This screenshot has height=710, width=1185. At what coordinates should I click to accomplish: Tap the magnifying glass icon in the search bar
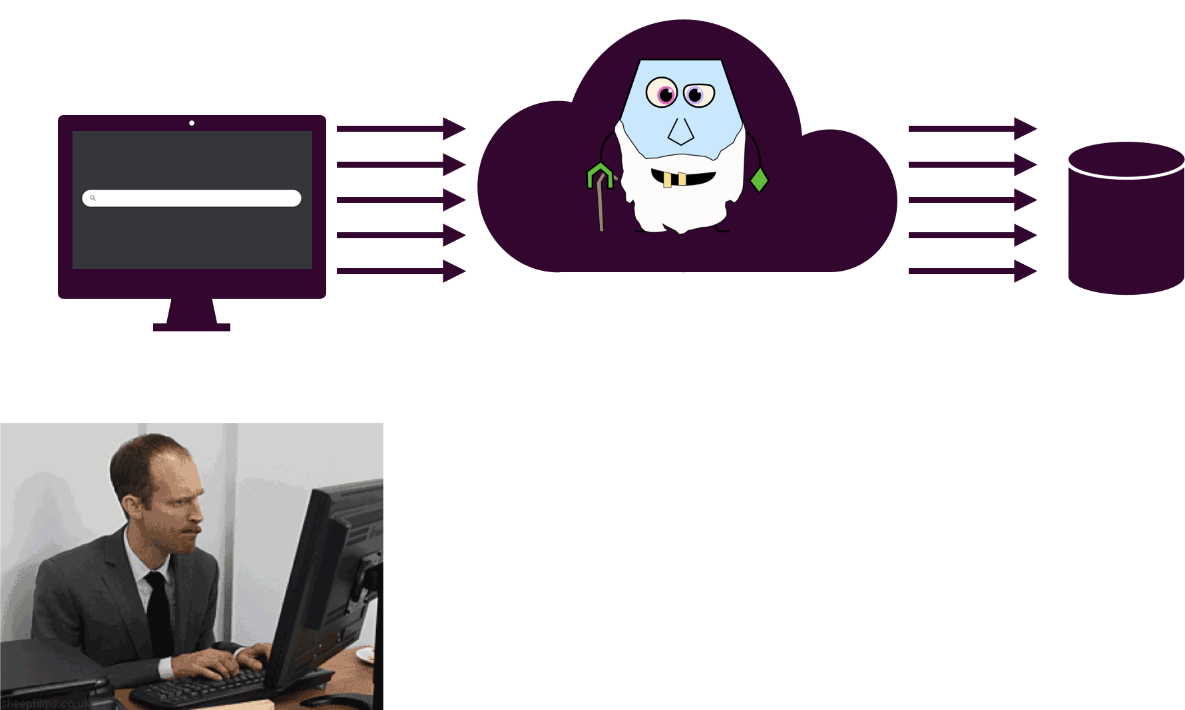click(93, 198)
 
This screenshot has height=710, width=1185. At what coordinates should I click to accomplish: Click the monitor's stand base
click(192, 327)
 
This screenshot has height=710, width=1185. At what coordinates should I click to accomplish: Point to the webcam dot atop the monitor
click(192, 122)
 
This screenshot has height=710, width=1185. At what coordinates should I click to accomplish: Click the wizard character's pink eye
click(662, 92)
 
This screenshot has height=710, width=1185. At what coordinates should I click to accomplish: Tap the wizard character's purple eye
click(698, 94)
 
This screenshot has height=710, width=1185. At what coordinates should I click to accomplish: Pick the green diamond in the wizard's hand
click(759, 180)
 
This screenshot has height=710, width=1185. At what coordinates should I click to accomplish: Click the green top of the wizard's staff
click(599, 174)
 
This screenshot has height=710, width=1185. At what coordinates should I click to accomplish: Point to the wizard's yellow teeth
click(674, 180)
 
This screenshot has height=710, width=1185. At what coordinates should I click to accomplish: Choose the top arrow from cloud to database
click(973, 128)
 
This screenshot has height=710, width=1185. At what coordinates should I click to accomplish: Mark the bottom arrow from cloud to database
click(973, 271)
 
